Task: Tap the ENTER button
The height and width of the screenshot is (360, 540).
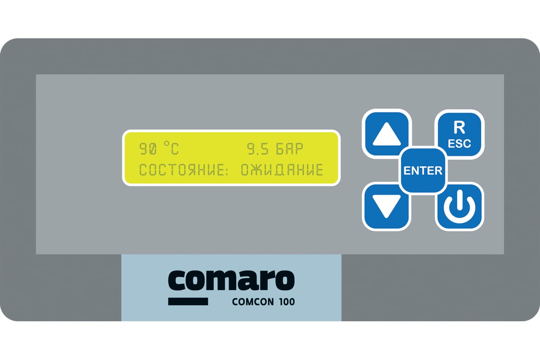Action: (x=423, y=171)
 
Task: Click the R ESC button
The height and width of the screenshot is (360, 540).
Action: (x=459, y=134)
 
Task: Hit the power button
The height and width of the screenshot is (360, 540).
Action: (x=459, y=207)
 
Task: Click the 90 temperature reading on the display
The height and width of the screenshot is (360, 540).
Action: (x=148, y=149)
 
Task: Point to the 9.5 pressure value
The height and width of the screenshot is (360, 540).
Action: (x=258, y=149)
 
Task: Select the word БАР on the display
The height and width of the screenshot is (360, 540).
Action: (x=289, y=149)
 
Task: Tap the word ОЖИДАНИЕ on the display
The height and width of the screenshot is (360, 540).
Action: (x=282, y=170)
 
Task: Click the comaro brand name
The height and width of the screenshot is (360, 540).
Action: (x=231, y=280)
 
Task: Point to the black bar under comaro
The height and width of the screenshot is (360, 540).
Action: (x=188, y=301)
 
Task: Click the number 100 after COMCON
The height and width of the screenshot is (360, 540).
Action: (x=287, y=302)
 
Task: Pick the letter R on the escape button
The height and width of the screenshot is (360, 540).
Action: (x=459, y=127)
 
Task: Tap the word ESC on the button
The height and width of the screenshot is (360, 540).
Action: (x=459, y=144)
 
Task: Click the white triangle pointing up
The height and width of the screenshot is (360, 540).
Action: (x=387, y=134)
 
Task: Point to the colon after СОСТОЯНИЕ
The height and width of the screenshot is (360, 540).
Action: (x=226, y=170)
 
